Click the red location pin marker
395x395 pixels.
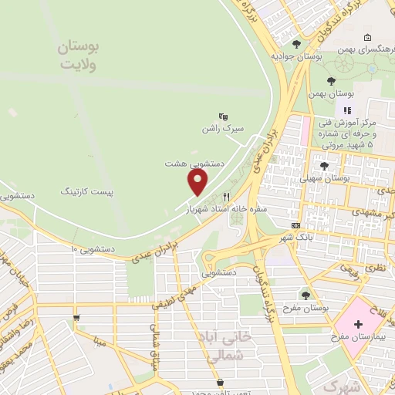coord(198,181)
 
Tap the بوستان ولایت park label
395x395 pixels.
coord(79,56)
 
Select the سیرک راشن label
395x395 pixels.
coord(222,129)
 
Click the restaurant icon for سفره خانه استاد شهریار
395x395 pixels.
coord(226,196)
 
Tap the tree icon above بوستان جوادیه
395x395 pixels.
coord(298,44)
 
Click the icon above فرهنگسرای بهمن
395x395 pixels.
coord(367,38)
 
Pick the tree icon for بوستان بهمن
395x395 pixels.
coord(331,80)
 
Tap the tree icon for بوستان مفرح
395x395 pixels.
coord(306,295)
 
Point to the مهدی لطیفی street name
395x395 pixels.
coord(179,292)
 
